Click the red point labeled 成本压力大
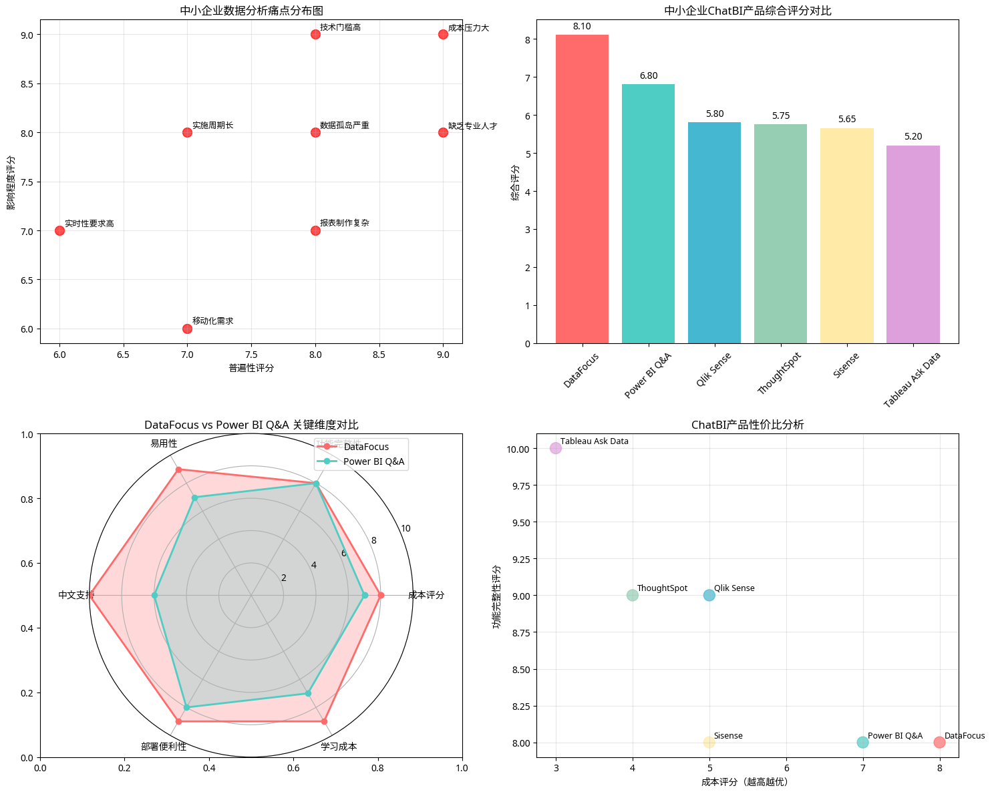(x=443, y=34)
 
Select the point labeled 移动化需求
(x=187, y=329)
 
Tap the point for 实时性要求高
(x=59, y=230)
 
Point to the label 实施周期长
(x=212, y=126)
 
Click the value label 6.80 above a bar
(x=648, y=76)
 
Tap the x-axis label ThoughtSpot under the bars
(x=779, y=373)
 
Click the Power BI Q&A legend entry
(x=373, y=461)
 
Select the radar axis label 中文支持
(x=75, y=595)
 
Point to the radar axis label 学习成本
(x=339, y=747)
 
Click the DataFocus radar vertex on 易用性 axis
(x=178, y=470)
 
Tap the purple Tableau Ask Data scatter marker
(x=556, y=448)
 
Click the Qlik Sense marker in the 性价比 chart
(x=709, y=595)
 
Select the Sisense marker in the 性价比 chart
(x=709, y=743)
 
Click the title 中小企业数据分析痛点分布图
(x=251, y=11)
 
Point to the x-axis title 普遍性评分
(x=251, y=368)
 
